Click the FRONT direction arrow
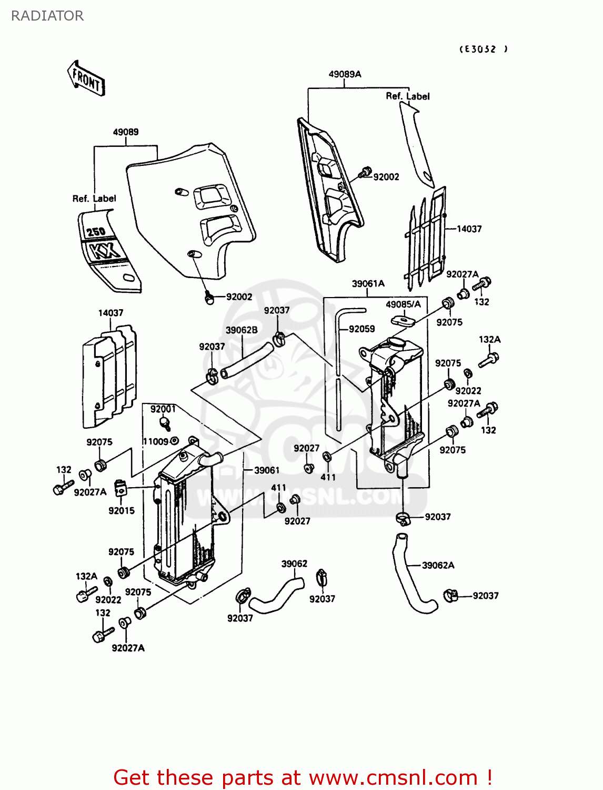point(86,78)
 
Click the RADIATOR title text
point(47,16)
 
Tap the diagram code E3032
point(484,49)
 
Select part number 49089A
point(345,74)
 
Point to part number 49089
point(126,132)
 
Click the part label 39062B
point(242,330)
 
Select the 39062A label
point(438,565)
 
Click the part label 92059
point(361,329)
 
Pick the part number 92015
point(122,510)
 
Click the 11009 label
point(156,441)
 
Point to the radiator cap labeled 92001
point(165,423)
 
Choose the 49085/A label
point(403,304)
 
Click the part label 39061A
point(368,283)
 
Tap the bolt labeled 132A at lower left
point(82,596)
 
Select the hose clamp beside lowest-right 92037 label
point(450,595)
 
